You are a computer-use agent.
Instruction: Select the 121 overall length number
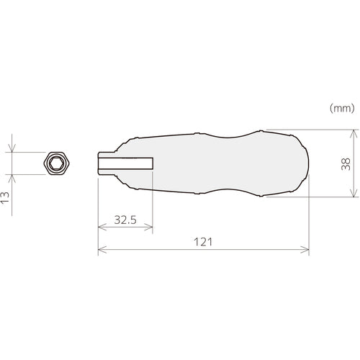coord(202,243)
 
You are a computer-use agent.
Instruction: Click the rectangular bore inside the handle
coord(126,163)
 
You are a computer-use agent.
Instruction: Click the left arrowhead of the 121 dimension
coord(100,251)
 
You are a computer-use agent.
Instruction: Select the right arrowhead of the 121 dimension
coord(307,251)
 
